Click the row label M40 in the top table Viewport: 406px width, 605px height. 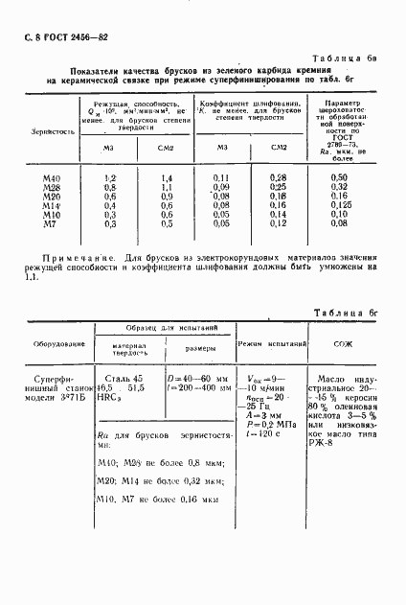52,179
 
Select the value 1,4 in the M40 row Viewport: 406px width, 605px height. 166,179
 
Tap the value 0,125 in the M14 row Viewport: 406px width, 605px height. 338,204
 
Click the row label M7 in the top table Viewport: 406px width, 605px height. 51,222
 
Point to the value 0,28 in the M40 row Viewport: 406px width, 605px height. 279,179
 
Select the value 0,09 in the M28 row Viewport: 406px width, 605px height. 222,188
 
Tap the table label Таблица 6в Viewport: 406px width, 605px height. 347,58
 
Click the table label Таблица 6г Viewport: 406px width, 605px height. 347,314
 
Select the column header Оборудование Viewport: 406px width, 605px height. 60,342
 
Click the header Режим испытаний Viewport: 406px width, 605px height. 272,342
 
